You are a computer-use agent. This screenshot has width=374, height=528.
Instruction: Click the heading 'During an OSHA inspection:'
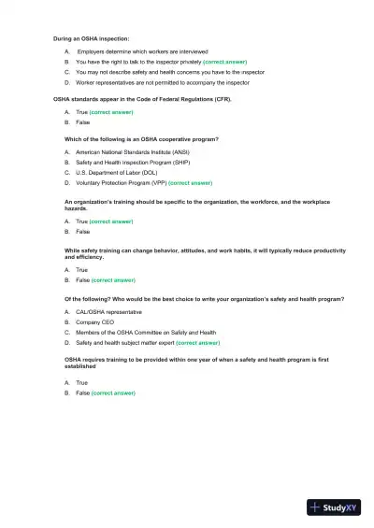91,38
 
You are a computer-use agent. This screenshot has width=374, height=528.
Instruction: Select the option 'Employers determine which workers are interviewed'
142,50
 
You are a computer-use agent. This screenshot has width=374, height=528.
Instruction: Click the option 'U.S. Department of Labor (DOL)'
117,173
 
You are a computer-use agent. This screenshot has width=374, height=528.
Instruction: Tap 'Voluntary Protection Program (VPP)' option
122,183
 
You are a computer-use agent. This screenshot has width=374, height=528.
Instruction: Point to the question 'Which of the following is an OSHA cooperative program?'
141,139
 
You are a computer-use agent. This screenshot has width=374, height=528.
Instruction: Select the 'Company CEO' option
94,321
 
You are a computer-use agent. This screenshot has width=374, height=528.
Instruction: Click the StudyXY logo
334,507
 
